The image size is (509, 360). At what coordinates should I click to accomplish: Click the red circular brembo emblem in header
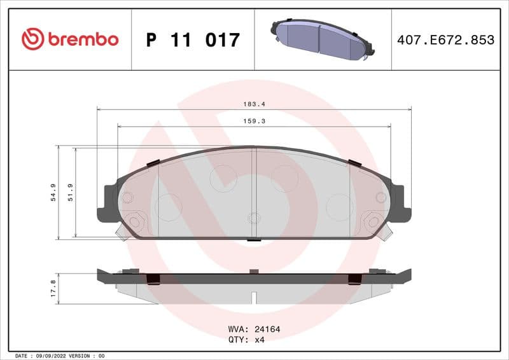pyautogui.click(x=32, y=39)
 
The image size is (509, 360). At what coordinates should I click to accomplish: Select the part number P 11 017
pyautogui.click(x=193, y=40)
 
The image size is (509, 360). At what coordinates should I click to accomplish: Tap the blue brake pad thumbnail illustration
pyautogui.click(x=321, y=40)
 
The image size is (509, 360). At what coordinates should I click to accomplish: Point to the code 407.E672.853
pyautogui.click(x=445, y=40)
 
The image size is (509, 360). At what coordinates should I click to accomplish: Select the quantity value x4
pyautogui.click(x=259, y=340)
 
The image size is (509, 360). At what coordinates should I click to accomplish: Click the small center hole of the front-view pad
pyautogui.click(x=254, y=218)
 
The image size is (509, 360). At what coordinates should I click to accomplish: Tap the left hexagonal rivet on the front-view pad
pyautogui.click(x=135, y=222)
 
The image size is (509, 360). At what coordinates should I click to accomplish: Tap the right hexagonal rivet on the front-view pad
pyautogui.click(x=372, y=222)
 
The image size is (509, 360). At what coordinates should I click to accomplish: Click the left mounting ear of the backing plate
pyautogui.click(x=108, y=202)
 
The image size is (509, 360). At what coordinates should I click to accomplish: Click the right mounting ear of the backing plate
pyautogui.click(x=400, y=202)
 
